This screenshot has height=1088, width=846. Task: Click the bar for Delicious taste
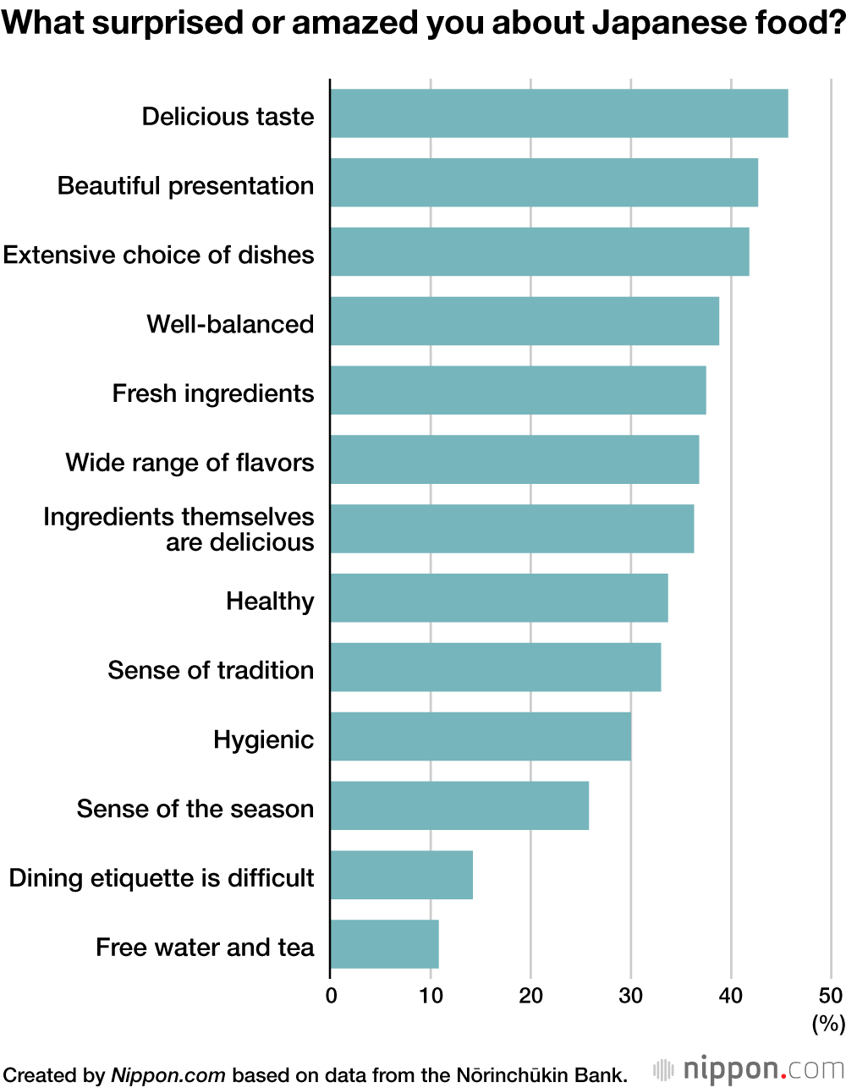[x=558, y=113]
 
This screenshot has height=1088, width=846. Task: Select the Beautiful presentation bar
[x=544, y=183]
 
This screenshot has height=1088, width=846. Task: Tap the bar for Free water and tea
[x=384, y=944]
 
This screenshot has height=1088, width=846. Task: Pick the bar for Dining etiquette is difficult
[x=401, y=875]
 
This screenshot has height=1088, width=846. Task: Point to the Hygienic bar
[x=481, y=736]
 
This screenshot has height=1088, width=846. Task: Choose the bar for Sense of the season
[x=459, y=805]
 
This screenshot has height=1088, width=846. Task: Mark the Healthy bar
[x=499, y=598]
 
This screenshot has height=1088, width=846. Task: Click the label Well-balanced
[x=230, y=324]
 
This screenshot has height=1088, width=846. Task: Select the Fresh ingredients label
[x=213, y=393]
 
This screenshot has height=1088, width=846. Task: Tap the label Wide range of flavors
[x=190, y=463]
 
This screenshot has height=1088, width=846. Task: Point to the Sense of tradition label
[x=211, y=670]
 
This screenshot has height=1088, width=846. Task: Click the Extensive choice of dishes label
[x=158, y=255]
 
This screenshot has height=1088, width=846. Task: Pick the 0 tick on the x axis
[x=331, y=996]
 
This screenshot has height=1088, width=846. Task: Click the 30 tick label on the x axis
[x=631, y=996]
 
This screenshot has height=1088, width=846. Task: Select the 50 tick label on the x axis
[x=831, y=996]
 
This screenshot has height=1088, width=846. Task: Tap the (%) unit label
[x=828, y=1024]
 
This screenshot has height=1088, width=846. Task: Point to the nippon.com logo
[x=750, y=1069]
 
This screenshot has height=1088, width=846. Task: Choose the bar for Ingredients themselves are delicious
[x=512, y=529]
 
